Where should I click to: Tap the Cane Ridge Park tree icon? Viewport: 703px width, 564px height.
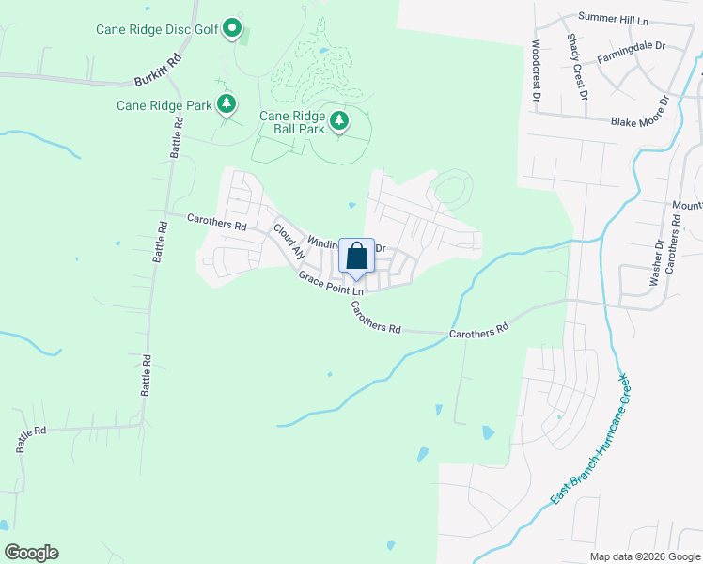[x=226, y=103]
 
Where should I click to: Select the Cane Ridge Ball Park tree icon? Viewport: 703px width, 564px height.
[x=338, y=120]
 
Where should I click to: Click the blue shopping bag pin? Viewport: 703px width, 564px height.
[x=356, y=256]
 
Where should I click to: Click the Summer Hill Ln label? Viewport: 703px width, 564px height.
[x=614, y=18]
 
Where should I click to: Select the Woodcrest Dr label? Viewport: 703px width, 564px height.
[x=536, y=70]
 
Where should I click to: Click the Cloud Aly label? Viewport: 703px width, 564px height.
[x=289, y=241]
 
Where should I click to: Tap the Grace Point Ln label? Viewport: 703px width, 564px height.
[x=331, y=283]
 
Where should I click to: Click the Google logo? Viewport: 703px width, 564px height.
[x=31, y=553]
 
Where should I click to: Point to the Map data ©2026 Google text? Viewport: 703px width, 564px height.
[x=644, y=556]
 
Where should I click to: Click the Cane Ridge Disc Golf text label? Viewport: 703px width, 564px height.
[x=156, y=29]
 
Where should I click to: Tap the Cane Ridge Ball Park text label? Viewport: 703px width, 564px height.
[x=292, y=121]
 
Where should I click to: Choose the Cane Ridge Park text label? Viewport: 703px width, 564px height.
[x=164, y=105]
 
